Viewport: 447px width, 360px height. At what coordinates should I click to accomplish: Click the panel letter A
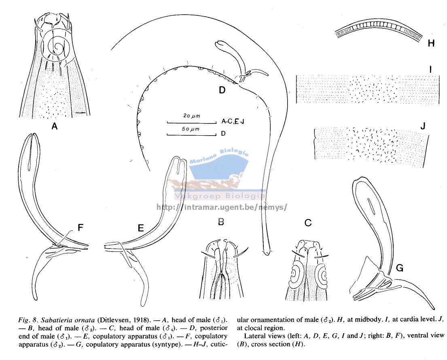(x=54, y=126)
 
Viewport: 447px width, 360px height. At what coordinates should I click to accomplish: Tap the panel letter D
(x=222, y=90)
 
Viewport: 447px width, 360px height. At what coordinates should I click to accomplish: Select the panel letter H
(x=431, y=43)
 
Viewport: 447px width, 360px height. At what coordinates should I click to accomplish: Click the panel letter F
(x=81, y=228)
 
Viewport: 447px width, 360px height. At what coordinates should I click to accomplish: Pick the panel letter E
(x=140, y=228)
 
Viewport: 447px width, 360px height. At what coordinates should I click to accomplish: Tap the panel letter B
(x=221, y=222)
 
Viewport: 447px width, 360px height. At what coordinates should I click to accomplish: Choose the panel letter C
(x=308, y=222)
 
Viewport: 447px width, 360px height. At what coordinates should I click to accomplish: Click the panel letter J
(x=423, y=126)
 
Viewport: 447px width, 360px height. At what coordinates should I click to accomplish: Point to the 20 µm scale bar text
(x=192, y=116)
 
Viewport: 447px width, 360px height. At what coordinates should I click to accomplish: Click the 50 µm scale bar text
(x=191, y=129)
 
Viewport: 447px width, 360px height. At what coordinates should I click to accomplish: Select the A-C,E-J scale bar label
(x=233, y=121)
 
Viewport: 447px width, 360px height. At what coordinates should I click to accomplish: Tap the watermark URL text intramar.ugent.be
(x=221, y=207)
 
